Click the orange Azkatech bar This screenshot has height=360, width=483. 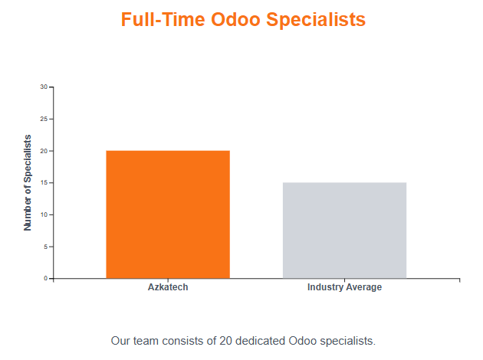(168, 214)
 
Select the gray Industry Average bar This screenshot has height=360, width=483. (344, 231)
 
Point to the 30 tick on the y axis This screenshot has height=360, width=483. (44, 87)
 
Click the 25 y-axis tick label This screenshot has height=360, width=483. (44, 119)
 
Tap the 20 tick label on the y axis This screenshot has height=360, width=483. (44, 151)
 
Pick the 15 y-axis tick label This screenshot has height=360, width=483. (44, 183)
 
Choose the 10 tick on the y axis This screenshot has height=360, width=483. (44, 214)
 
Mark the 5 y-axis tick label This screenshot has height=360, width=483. (45, 247)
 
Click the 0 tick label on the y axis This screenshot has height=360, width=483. (45, 279)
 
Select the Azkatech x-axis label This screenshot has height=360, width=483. (168, 287)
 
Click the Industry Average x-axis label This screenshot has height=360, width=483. (344, 287)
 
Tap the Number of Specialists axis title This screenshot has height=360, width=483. (28, 183)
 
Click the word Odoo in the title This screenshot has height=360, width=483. (235, 19)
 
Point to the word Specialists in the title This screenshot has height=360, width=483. (316, 20)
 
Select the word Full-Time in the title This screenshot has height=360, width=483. (163, 19)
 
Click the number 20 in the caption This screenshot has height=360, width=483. (226, 341)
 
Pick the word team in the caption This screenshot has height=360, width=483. (146, 341)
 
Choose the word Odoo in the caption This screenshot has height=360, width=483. (303, 341)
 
